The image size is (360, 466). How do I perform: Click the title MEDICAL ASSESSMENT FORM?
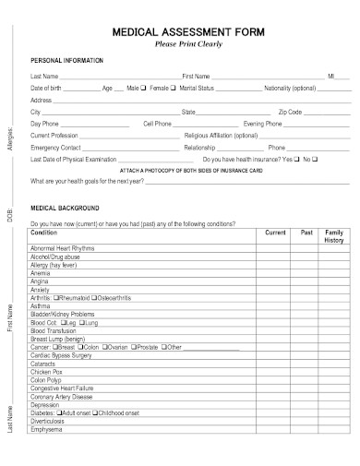coord(188,30)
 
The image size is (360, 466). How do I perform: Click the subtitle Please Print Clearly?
coord(189,42)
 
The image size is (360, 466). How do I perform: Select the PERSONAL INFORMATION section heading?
coord(67,60)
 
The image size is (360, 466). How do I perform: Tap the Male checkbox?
coord(144,87)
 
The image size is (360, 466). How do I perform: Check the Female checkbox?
coord(172,87)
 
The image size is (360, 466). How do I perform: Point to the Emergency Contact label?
coord(56,147)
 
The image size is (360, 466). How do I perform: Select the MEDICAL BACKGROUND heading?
coord(64,209)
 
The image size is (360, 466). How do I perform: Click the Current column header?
coord(275,233)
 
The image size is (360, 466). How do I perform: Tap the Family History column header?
coord(334,236)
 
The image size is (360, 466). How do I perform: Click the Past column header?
coord(306,233)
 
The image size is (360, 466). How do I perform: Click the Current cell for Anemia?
coord(275,273)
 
